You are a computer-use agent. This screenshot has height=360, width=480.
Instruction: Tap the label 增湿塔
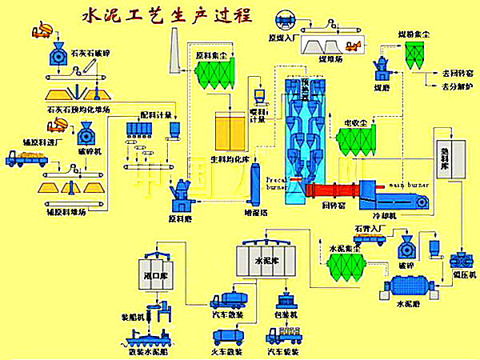click(x=254, y=214)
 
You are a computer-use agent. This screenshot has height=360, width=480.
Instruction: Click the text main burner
click(x=409, y=185)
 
